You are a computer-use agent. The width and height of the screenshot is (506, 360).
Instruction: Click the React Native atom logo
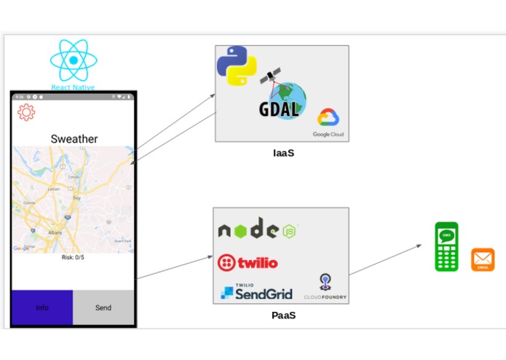73,61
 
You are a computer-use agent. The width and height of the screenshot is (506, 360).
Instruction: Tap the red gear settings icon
26,112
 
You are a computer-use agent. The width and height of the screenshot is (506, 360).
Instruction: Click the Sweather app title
74,138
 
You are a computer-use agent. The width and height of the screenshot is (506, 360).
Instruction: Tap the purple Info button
42,308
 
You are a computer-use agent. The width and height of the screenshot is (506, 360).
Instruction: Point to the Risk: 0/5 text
73,257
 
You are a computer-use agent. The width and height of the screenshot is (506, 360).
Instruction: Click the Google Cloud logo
329,120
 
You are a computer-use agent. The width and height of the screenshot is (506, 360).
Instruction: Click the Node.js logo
258,230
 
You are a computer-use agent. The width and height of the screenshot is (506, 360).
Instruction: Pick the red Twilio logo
248,262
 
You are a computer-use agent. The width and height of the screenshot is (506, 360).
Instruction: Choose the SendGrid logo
256,292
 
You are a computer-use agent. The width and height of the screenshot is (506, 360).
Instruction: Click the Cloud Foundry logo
325,287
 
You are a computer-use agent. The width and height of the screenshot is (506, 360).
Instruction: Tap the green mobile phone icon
446,246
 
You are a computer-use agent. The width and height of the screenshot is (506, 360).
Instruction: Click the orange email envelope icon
483,259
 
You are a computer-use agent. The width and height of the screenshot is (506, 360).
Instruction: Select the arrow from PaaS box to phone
386,259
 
